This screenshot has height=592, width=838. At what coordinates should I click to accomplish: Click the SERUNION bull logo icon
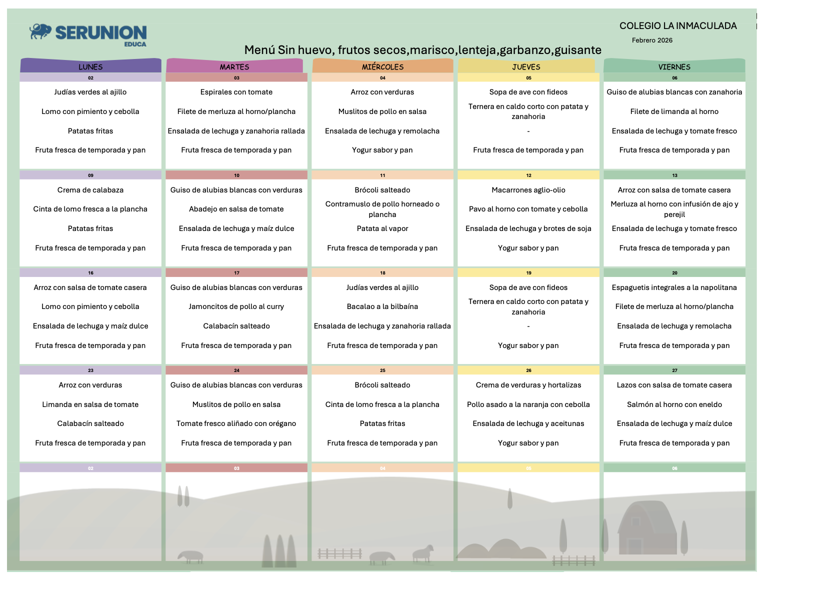coord(40,31)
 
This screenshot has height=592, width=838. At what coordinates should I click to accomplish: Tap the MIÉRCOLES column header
coord(382,66)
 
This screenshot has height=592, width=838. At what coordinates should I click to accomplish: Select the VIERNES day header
coord(674,66)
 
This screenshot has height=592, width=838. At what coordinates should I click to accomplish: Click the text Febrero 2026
coord(652,40)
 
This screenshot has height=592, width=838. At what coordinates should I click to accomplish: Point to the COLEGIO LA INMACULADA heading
coord(678,26)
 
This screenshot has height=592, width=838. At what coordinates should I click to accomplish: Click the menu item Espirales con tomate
coord(236,92)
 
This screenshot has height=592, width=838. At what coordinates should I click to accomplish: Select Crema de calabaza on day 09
coord(90,190)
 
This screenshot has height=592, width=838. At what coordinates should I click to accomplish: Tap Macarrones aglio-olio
coord(528,190)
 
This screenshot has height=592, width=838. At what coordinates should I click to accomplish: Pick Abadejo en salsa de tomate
coord(236,209)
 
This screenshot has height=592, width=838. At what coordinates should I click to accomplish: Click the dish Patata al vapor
coord(382,228)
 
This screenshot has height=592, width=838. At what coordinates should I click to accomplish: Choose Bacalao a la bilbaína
coord(382,306)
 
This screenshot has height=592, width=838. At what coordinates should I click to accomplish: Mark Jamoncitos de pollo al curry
coord(236,306)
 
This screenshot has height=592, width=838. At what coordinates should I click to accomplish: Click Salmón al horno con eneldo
coord(674,404)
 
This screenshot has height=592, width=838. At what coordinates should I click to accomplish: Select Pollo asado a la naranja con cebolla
coord(528,404)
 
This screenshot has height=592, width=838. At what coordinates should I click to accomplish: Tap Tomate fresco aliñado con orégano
coord(236,423)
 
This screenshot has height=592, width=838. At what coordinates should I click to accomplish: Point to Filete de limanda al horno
coord(674,111)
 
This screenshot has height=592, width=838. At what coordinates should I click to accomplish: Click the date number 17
coord(236,273)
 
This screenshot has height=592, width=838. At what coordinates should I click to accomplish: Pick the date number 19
coord(528,273)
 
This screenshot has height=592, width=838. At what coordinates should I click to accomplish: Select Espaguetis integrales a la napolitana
coord(674,287)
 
